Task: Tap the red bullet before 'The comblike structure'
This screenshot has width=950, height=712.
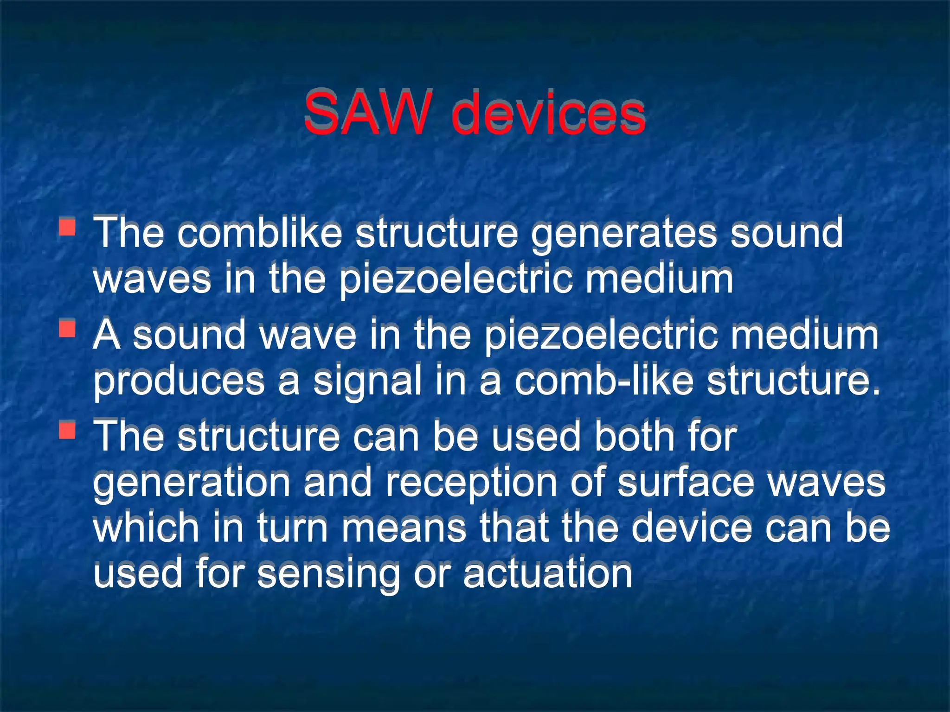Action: pyautogui.click(x=68, y=227)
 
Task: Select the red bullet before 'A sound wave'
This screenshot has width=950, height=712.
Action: pyautogui.click(x=68, y=329)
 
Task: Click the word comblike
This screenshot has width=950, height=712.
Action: pyautogui.click(x=260, y=233)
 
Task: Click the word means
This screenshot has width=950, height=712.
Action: pyautogui.click(x=404, y=528)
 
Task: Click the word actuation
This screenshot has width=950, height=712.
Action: pyautogui.click(x=547, y=574)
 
